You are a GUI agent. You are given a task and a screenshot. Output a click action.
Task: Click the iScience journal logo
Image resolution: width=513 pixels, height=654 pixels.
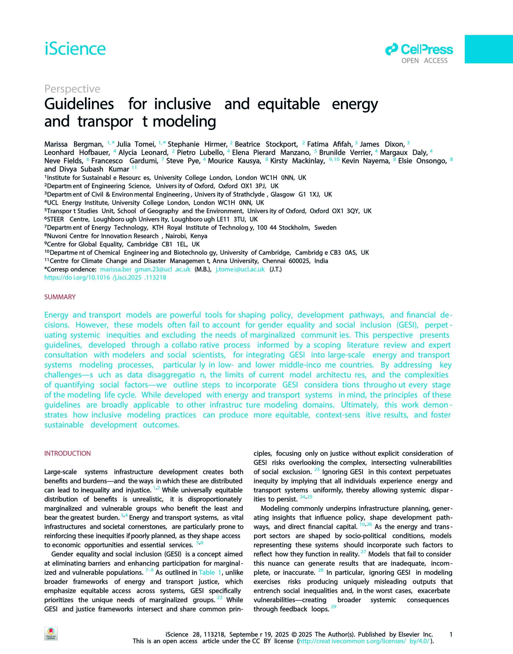click(x=75, y=49)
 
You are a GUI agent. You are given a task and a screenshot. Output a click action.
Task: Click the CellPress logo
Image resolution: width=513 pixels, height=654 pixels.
click(x=419, y=49)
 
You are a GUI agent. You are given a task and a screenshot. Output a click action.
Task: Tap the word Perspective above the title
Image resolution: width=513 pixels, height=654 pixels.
click(x=72, y=89)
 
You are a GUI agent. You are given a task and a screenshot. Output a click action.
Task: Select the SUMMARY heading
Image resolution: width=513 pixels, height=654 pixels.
click(x=60, y=297)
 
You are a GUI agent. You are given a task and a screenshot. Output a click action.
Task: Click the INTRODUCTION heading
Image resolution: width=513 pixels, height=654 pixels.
click(x=67, y=453)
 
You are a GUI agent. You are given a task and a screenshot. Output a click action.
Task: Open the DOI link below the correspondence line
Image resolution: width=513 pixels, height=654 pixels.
click(x=105, y=278)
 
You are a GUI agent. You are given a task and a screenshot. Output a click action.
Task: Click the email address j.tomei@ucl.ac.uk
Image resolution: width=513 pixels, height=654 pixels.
click(x=240, y=269)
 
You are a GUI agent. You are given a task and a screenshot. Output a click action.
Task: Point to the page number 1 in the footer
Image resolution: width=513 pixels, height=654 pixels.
click(x=451, y=635)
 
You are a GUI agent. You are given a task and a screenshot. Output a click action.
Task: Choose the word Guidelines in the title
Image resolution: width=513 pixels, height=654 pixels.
click(x=79, y=104)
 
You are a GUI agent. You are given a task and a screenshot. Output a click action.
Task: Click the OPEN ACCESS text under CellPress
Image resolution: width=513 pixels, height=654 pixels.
click(x=424, y=61)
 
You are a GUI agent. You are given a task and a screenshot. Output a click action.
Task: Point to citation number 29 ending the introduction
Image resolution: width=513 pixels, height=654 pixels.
click(x=333, y=607)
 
